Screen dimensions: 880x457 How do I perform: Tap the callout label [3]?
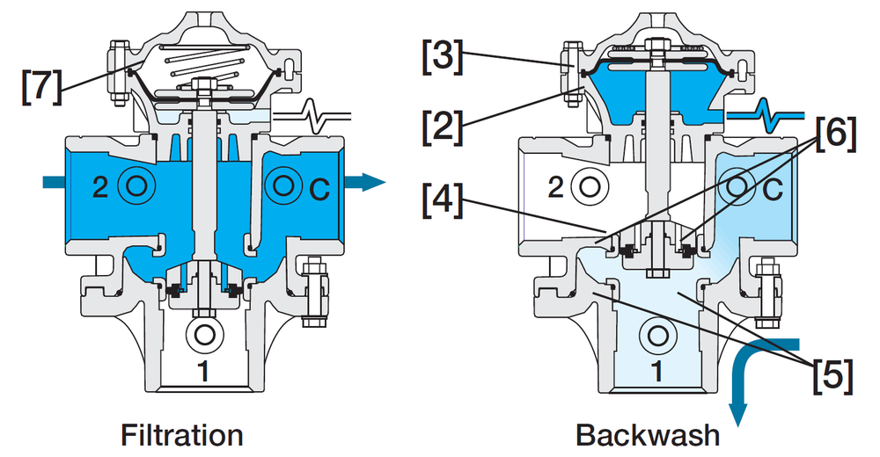pos(443,56)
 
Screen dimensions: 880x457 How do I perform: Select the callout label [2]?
pos(443,127)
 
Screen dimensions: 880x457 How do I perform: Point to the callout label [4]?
pos(443,200)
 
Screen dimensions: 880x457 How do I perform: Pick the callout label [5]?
pos(833,374)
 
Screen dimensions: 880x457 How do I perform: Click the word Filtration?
pos(182,435)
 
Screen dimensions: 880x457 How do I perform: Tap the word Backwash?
pos(648,435)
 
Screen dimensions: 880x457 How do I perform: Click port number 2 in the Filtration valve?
pos(100,187)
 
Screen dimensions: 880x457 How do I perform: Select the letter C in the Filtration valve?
pos(320,190)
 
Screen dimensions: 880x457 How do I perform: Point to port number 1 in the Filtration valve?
pos(204,371)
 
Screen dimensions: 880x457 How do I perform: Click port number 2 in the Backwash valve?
pos(555,187)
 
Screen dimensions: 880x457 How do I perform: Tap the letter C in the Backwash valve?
pos(774,190)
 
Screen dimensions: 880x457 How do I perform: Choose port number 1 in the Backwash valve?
pos(657,371)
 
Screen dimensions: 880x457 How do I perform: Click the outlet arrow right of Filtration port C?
pos(365,182)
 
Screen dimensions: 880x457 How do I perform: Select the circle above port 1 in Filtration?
pos(204,335)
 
